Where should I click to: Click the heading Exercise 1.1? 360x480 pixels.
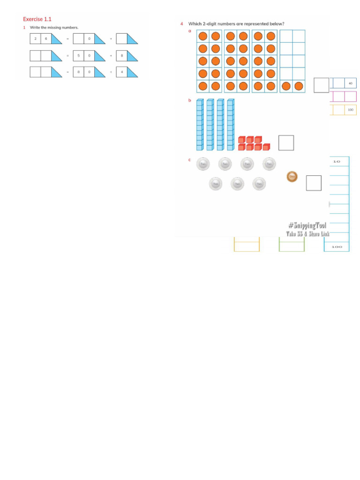coord(37,19)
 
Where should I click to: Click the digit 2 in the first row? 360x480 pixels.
coord(35,38)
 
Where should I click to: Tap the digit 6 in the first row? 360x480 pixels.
coord(46,38)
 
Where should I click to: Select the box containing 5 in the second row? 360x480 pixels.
coord(78,56)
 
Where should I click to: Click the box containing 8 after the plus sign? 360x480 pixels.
coord(121,56)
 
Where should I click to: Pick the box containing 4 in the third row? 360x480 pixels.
coord(121,72)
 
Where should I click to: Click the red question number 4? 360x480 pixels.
coord(181,23)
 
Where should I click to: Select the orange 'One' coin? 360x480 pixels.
coord(292,177)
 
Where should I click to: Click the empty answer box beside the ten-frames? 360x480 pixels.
coord(321,85)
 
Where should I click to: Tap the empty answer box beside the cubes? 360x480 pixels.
coord(286,142)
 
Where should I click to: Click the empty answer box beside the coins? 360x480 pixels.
coord(314,183)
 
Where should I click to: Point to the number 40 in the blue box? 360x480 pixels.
coord(350,83)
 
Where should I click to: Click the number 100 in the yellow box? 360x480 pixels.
coord(350,110)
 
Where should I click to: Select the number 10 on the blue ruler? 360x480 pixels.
coord(337,162)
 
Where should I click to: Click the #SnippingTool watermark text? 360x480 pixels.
coord(307,225)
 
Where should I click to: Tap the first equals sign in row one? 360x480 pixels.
coord(67,38)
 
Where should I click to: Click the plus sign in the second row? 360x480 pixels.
coord(111,56)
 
